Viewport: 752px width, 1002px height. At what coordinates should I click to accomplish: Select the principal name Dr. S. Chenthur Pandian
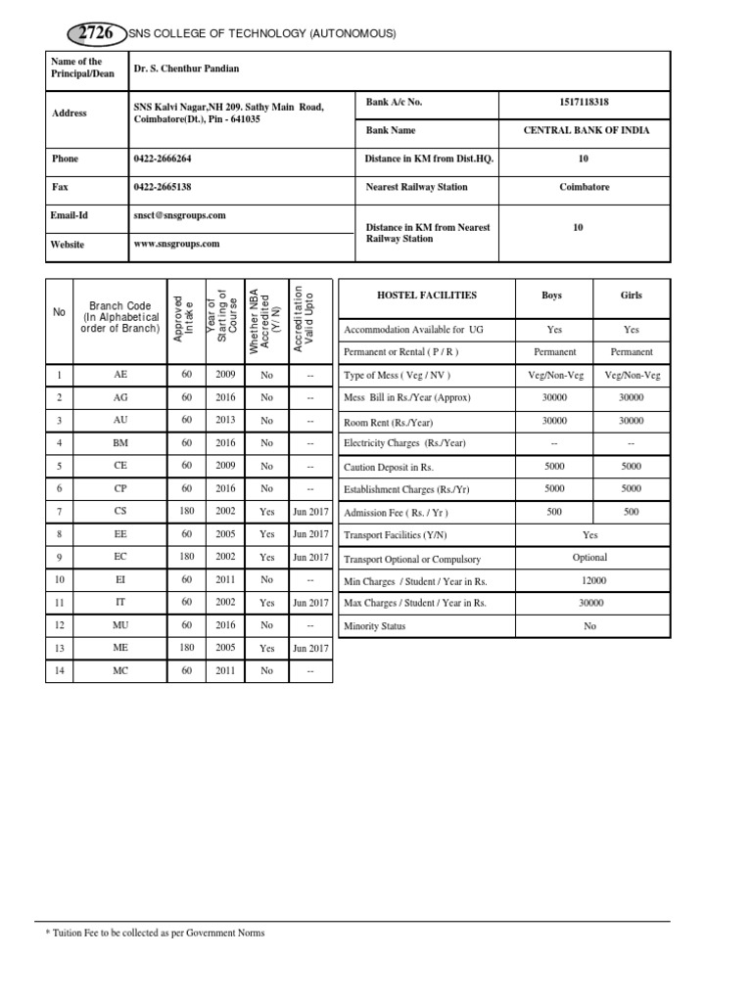[x=186, y=68]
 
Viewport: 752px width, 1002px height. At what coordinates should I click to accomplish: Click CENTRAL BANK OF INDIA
[x=587, y=130]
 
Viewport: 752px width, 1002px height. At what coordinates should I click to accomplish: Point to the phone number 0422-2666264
[x=163, y=159]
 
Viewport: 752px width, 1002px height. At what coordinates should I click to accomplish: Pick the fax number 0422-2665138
[x=163, y=187]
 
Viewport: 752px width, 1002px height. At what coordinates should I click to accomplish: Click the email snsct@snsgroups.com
[x=180, y=215]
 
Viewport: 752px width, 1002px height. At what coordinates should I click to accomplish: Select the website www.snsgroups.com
[x=176, y=245]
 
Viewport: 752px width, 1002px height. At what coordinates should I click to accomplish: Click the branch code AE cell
[x=119, y=375]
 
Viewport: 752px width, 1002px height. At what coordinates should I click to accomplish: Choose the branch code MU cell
[x=119, y=625]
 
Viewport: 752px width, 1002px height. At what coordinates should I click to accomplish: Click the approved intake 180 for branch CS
[x=185, y=512]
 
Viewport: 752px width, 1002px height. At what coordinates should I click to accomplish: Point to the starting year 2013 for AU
[x=226, y=420]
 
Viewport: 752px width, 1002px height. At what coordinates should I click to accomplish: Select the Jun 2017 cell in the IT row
[x=310, y=603]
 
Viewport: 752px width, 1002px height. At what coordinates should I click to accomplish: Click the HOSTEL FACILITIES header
[x=427, y=295]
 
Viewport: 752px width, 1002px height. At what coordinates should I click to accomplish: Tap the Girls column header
[x=632, y=295]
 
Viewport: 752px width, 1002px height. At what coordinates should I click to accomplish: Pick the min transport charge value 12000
[x=590, y=580]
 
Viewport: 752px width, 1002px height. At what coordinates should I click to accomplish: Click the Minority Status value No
[x=589, y=626]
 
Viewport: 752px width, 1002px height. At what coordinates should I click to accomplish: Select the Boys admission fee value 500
[x=554, y=512]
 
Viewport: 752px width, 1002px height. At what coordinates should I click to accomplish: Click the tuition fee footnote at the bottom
[x=156, y=933]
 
